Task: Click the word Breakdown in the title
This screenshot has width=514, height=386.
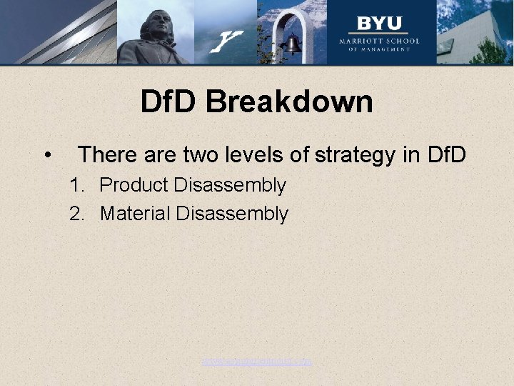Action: [289, 102]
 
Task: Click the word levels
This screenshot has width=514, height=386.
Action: [268, 154]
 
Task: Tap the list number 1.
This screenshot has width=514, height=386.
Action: [76, 185]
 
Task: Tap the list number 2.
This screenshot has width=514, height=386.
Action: [76, 214]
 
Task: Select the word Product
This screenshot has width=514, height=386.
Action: [133, 185]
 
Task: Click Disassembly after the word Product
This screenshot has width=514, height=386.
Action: [229, 186]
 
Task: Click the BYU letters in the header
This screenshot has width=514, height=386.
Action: [379, 24]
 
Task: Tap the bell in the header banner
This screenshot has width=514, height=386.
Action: [292, 45]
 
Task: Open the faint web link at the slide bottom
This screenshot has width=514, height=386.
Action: [256, 362]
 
